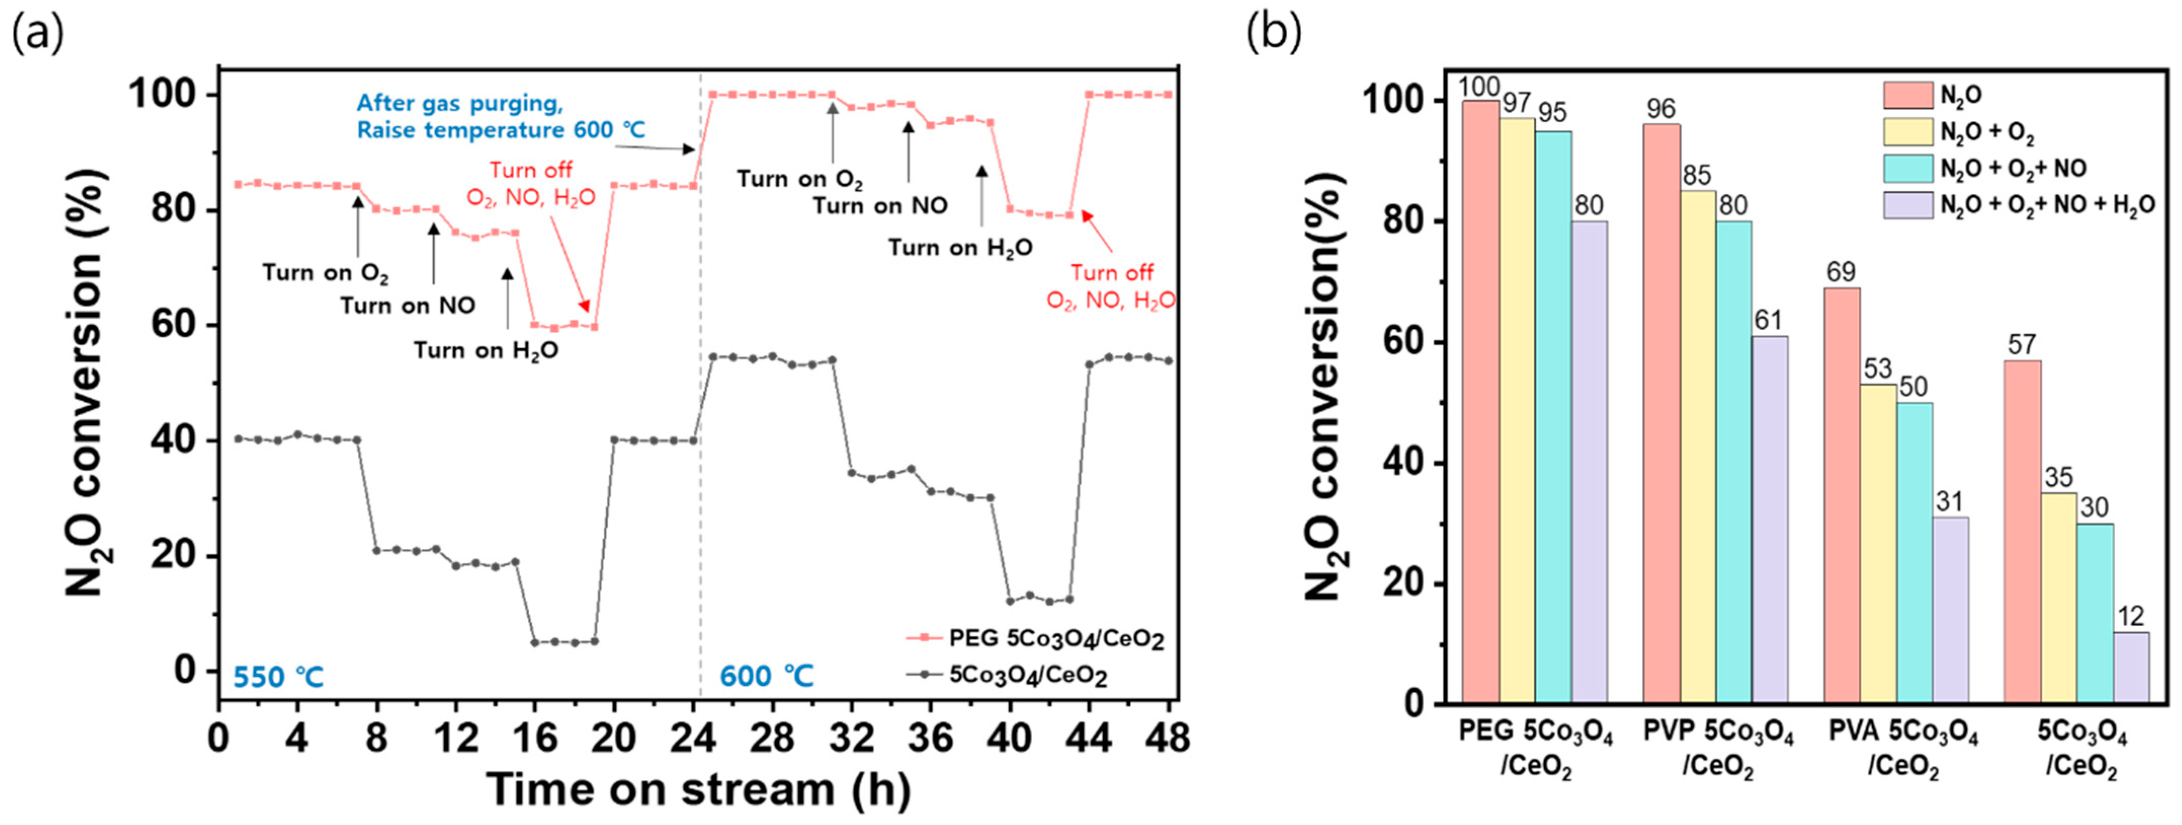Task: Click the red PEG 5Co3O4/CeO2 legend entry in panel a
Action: [x=1055, y=638]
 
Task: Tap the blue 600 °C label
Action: [x=766, y=676]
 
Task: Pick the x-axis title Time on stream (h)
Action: [x=698, y=790]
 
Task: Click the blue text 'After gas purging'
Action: [x=459, y=103]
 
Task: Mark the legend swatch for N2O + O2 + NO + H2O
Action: [x=1908, y=205]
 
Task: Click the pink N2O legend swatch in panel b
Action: [x=1908, y=95]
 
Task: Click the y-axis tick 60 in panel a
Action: [x=173, y=325]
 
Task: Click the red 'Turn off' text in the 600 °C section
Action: [x=1111, y=273]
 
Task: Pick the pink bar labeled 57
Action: [x=2022, y=531]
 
